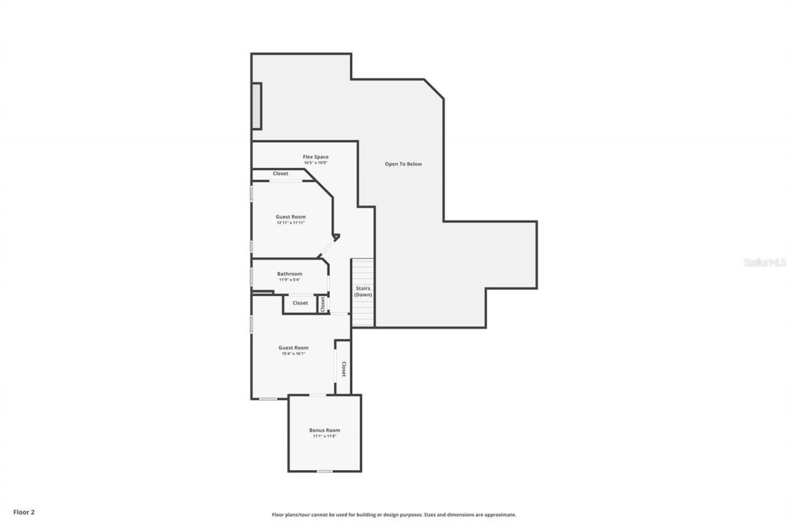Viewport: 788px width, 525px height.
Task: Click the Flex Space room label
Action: point(315,157)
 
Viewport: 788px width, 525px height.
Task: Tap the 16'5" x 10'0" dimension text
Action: point(315,162)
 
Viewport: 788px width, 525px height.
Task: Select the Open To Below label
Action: point(403,164)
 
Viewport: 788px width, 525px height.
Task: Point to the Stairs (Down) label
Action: point(363,292)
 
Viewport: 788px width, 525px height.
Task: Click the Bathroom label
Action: point(289,274)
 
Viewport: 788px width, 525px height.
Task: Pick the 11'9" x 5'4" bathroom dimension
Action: point(289,280)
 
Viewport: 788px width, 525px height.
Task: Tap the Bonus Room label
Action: point(324,430)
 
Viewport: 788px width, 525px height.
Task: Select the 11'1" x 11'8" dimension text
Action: point(324,436)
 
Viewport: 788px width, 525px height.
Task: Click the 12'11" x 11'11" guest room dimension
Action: point(291,223)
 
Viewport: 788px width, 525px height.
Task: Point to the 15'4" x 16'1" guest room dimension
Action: point(292,354)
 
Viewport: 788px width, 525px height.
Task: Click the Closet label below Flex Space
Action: point(281,174)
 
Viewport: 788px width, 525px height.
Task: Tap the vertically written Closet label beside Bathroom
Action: point(323,303)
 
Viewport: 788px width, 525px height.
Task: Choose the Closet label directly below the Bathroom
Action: point(300,303)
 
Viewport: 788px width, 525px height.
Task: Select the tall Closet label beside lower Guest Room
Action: point(344,369)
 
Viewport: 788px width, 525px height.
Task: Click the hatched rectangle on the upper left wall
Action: point(256,105)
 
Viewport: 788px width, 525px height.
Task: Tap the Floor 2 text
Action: point(24,511)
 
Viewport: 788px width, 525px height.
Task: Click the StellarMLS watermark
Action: point(765,262)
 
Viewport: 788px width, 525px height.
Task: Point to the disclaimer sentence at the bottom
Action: point(394,515)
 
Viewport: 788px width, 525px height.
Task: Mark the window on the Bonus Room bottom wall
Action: point(324,471)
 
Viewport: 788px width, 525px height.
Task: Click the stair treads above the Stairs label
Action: point(363,271)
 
